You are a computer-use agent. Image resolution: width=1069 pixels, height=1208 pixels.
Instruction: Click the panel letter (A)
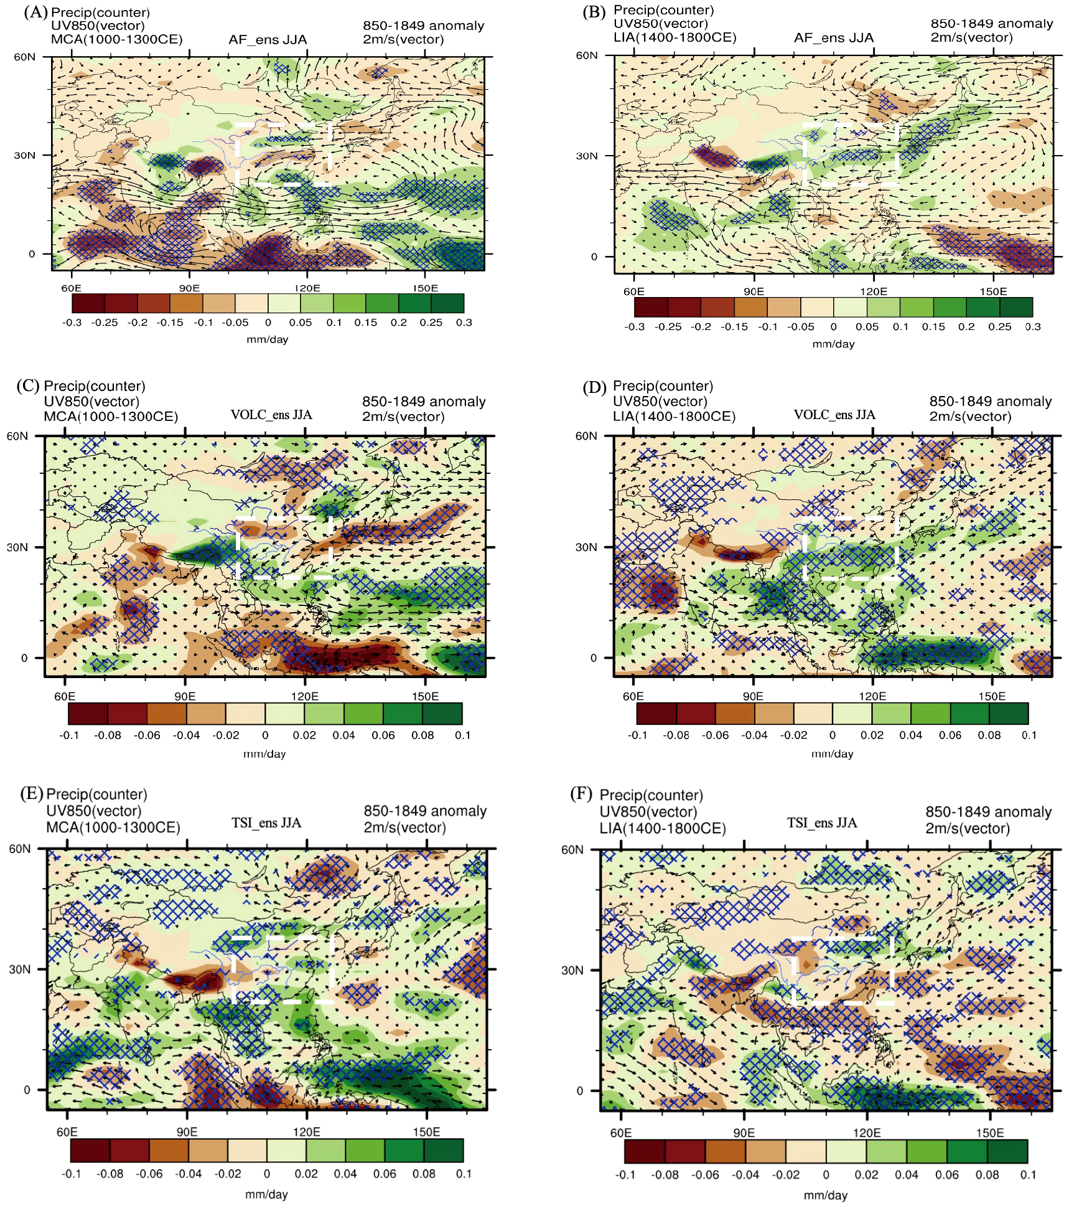[35, 12]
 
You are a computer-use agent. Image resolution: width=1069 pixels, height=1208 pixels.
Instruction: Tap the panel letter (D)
[594, 387]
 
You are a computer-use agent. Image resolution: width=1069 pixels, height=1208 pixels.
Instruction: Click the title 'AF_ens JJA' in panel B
[833, 38]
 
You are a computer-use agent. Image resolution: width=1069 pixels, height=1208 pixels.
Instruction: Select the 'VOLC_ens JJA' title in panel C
[271, 415]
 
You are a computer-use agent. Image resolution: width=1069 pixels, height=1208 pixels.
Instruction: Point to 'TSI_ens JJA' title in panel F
[821, 823]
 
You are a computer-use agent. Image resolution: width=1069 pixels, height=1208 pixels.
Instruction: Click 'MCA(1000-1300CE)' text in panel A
[116, 39]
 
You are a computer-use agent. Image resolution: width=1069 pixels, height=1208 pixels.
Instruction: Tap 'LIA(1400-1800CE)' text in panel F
[662, 829]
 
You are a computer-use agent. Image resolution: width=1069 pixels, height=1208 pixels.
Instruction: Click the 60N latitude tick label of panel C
[17, 436]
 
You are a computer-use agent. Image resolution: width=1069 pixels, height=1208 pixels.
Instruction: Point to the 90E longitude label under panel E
[187, 1132]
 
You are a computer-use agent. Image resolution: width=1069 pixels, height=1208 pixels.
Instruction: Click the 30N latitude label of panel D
[586, 547]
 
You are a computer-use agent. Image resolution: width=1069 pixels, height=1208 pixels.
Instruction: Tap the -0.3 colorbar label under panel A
[72, 323]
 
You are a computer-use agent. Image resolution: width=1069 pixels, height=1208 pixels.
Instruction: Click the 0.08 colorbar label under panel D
[989, 735]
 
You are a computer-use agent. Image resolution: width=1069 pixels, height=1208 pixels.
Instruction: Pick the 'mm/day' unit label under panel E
[266, 1194]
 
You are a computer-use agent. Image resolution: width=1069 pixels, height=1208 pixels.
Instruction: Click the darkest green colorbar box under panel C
[442, 714]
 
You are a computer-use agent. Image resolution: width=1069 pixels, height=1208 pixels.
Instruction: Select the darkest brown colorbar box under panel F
[644, 1151]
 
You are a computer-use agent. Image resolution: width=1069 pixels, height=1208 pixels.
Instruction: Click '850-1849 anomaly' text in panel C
[424, 402]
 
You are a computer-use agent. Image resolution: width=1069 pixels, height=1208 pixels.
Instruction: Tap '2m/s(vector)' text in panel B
[971, 37]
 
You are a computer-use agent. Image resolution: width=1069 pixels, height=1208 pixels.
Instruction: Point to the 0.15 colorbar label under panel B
[933, 327]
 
